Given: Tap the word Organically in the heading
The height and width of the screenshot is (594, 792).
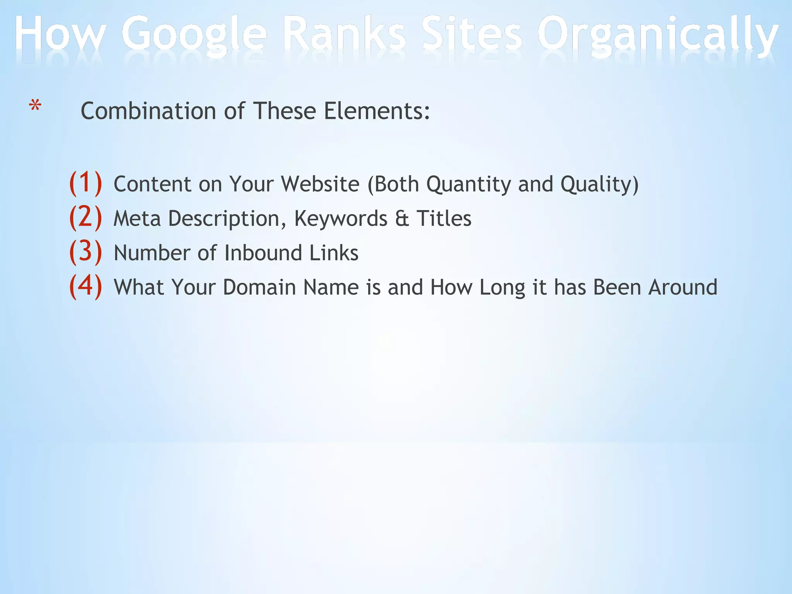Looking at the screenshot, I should (657, 37).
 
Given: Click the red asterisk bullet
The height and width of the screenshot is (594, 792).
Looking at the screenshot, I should (35, 106).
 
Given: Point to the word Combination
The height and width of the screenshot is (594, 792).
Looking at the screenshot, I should (148, 111).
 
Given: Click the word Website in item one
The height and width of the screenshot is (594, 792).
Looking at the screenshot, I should (320, 184).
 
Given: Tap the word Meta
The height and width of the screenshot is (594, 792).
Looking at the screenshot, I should (137, 219).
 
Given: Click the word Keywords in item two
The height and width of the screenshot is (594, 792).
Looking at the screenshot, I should (341, 219).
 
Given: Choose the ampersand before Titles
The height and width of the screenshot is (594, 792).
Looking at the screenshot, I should (402, 219).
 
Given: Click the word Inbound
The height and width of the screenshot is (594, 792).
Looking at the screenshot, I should (263, 253).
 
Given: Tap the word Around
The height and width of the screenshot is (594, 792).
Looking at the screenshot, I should (683, 288).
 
